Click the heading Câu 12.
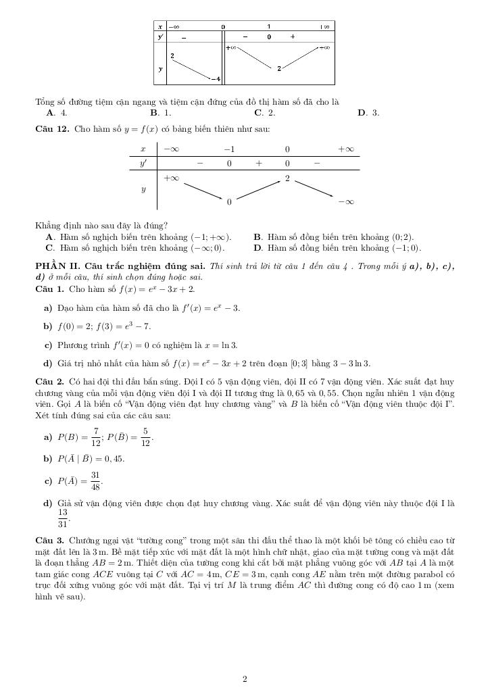coord(52,128)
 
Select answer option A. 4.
coord(56,113)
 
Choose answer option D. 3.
coord(368,113)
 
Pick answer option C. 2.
coord(264,113)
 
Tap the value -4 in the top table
coord(216,79)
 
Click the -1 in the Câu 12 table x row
coord(229,149)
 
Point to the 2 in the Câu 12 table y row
coord(287,178)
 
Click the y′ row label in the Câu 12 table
coord(143,164)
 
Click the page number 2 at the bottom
coord(245,679)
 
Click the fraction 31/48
coord(96,480)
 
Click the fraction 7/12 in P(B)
coord(96,437)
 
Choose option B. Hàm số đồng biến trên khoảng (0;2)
coord(334,237)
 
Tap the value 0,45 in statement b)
coord(114,459)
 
